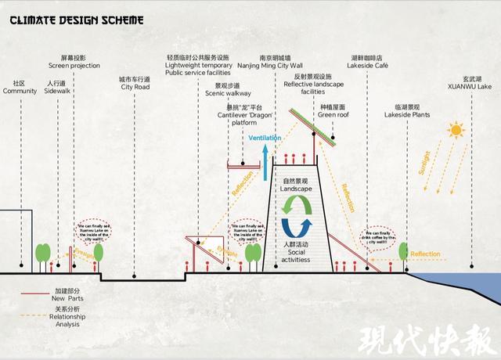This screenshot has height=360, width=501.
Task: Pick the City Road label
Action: pyautogui.click(x=135, y=84)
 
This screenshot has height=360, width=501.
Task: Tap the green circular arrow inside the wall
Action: pyautogui.click(x=297, y=204)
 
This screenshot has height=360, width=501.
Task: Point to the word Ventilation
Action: pyautogui.click(x=265, y=139)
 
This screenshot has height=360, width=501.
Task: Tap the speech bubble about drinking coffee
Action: pyautogui.click(x=379, y=236)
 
